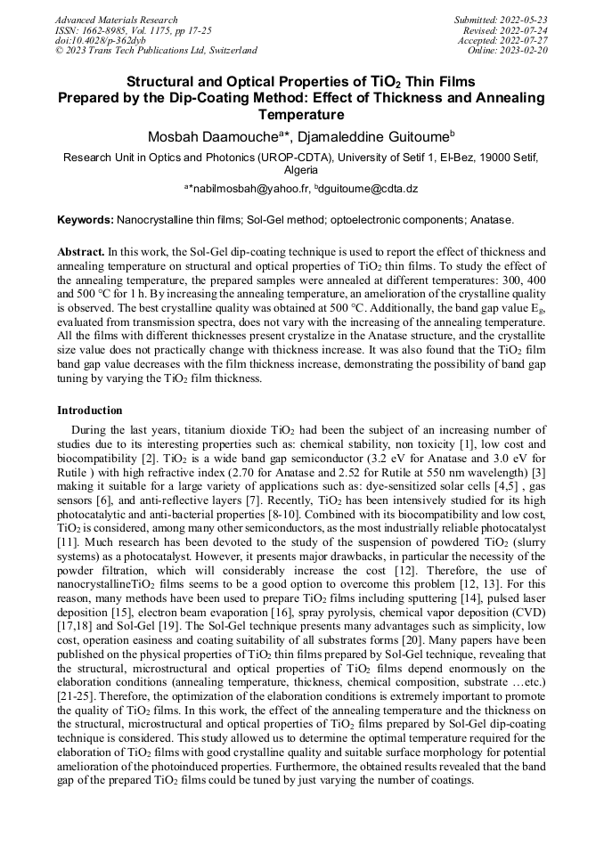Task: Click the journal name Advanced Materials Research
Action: coord(116,20)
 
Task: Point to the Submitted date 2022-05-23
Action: coord(525,20)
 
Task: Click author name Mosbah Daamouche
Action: coord(213,136)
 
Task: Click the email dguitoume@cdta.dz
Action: coord(374,190)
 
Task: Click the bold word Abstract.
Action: coord(80,253)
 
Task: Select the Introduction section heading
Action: coord(90,411)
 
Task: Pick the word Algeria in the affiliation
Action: coord(301,169)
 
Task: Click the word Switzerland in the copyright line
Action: coord(227,51)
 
